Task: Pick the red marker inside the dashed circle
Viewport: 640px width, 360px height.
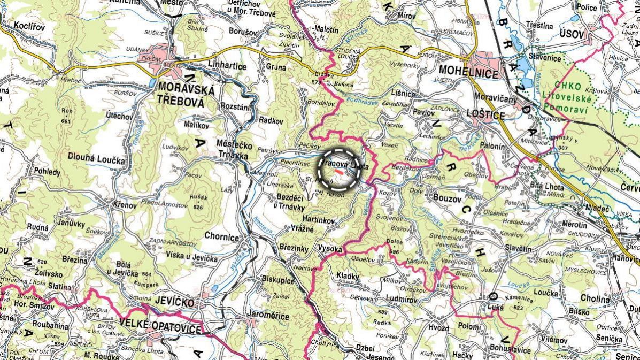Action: click(339, 172)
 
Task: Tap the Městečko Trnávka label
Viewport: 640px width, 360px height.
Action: click(233, 150)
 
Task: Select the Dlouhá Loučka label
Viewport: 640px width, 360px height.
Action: click(96, 160)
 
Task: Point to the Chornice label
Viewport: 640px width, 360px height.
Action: click(221, 237)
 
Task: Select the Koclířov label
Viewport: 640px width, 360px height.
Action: click(29, 26)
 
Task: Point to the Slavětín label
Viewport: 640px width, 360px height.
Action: click(516, 249)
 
